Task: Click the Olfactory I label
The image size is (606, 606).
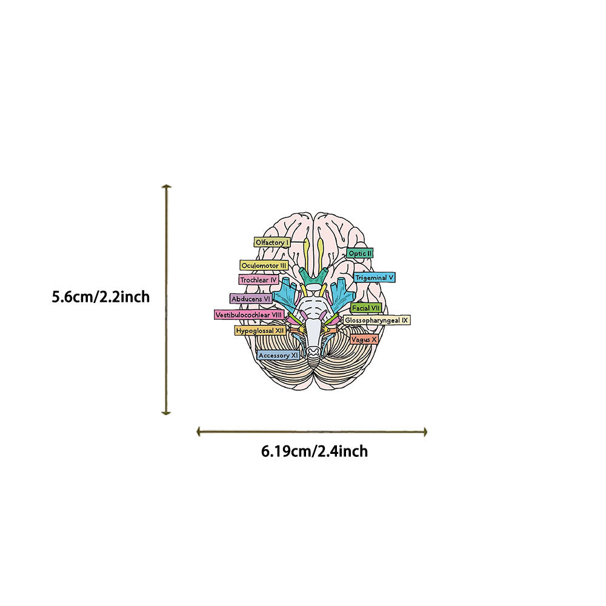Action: (271, 242)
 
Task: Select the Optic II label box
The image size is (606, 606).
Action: (360, 253)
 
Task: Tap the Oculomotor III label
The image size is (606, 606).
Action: (264, 265)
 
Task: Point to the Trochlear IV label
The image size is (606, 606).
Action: (258, 280)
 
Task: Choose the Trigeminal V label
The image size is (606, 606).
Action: (375, 278)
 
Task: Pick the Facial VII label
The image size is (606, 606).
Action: (365, 308)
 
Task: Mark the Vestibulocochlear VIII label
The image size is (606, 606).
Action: (249, 315)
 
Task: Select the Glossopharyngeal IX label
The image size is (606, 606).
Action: (377, 319)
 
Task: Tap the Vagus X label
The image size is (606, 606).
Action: (364, 340)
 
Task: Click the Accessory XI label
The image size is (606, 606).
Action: (278, 356)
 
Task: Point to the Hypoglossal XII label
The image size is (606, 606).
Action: (260, 331)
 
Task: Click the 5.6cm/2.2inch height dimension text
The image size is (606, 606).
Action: (101, 298)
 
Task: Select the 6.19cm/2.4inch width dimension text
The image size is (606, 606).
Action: (315, 451)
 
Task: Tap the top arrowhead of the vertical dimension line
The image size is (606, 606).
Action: (167, 187)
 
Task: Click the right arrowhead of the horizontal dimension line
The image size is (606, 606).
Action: (425, 431)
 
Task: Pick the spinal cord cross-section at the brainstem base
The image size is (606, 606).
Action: (314, 351)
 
